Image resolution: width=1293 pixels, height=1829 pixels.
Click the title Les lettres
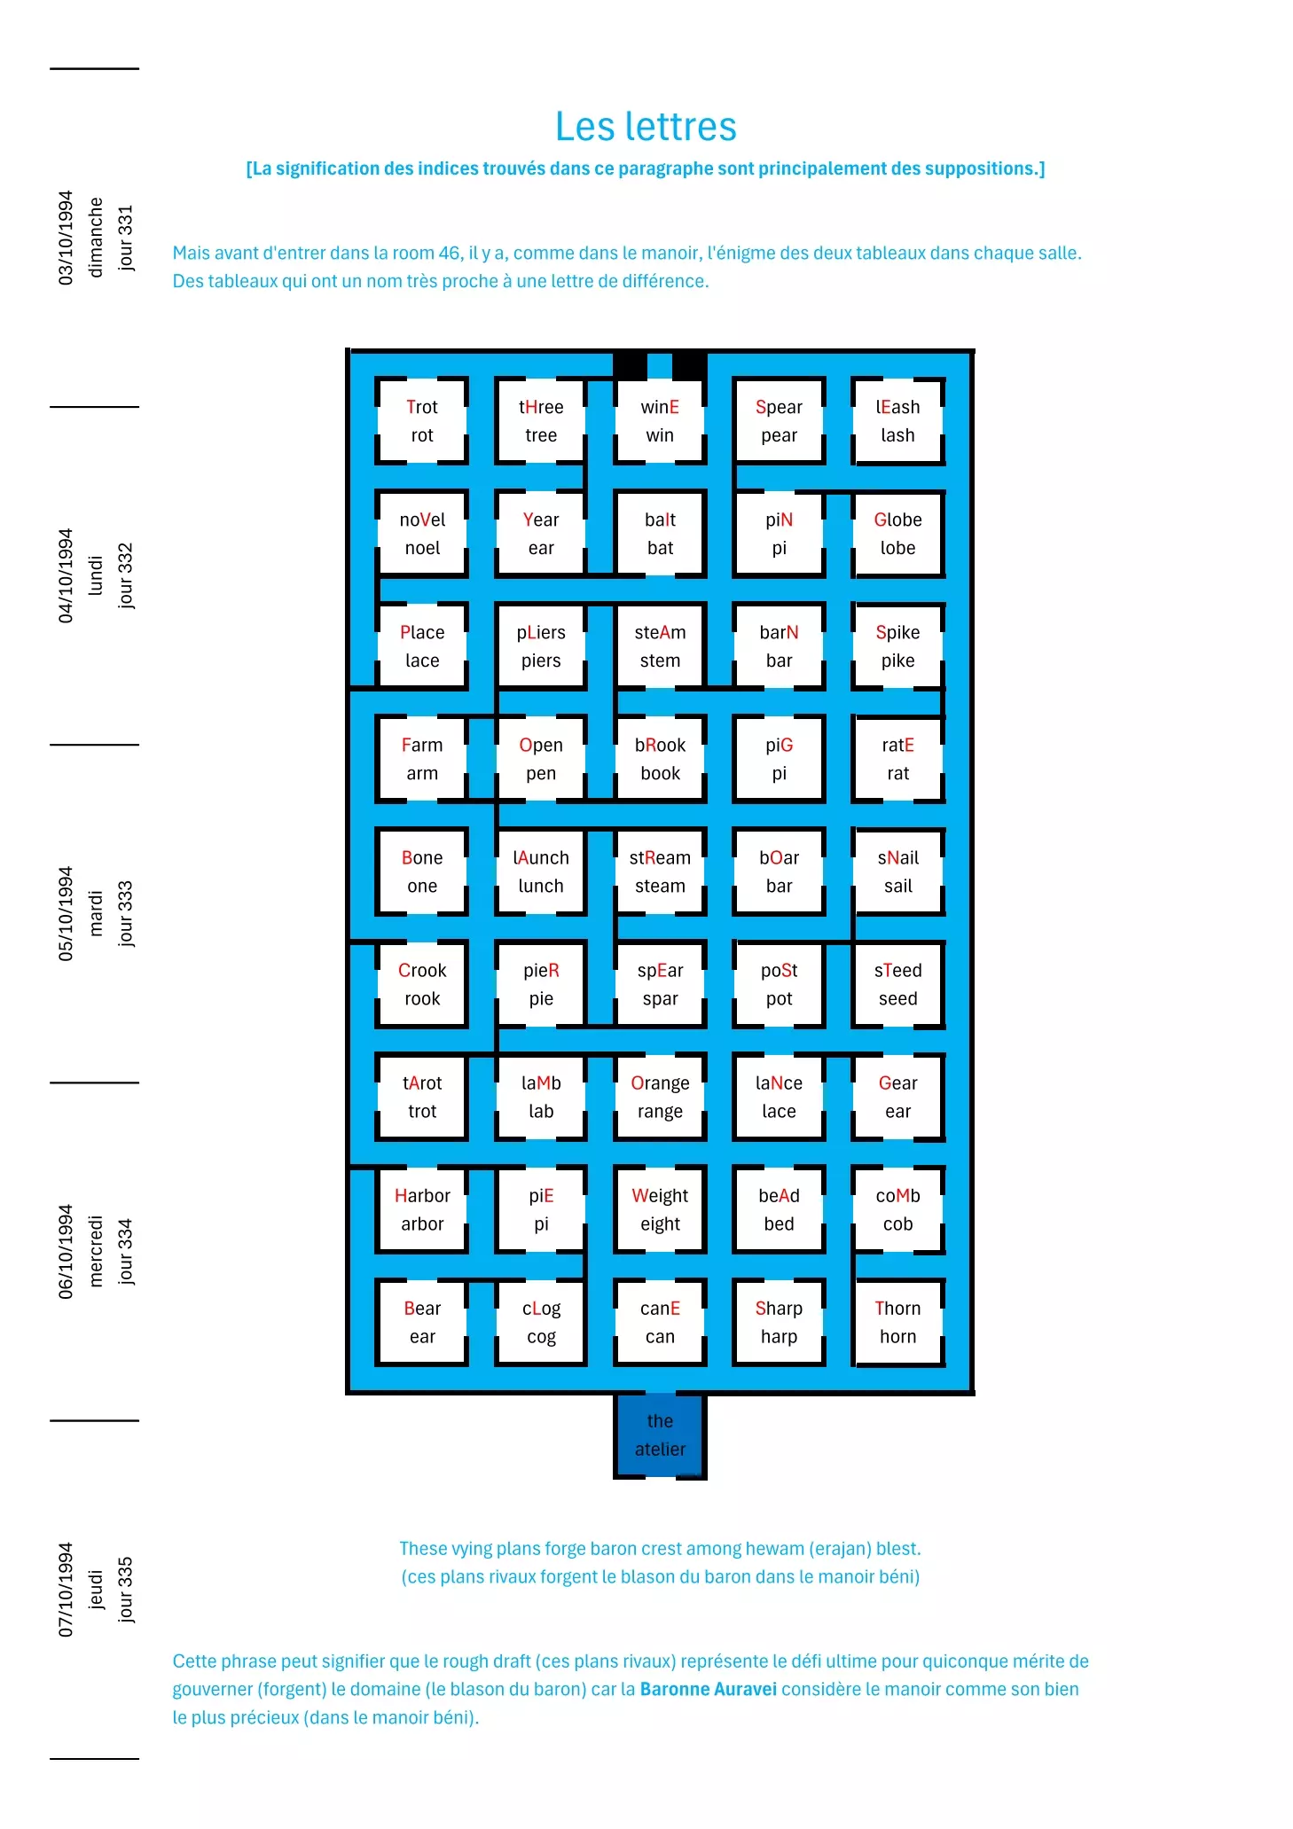tap(646, 127)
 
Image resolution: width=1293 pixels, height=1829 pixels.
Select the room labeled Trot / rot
tap(422, 421)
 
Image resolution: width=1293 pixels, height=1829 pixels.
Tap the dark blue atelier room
tap(660, 1434)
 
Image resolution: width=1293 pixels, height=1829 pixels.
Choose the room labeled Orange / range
tap(660, 1097)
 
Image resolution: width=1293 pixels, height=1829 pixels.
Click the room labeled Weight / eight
tap(660, 1209)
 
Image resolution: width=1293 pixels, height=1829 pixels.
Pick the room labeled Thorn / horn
tap(897, 1322)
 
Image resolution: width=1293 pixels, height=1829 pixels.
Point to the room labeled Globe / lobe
tap(897, 534)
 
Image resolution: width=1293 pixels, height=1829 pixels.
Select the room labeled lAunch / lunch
tap(541, 872)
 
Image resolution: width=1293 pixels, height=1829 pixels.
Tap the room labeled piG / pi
tap(779, 759)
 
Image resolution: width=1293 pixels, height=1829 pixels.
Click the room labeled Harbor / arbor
tap(422, 1209)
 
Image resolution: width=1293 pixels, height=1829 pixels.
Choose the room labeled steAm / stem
tap(660, 646)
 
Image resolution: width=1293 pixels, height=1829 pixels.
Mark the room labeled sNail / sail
tap(897, 872)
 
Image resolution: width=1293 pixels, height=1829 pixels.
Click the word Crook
tap(422, 971)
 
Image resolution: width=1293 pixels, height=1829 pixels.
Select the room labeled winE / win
tap(660, 421)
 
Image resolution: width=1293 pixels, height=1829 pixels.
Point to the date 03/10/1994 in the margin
tap(66, 238)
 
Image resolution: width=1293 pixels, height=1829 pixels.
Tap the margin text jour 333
tap(126, 913)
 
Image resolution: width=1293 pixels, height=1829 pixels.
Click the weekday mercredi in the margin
tap(96, 1251)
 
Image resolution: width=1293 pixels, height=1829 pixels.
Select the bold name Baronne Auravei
tap(708, 1689)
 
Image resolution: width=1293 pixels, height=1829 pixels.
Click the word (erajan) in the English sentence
tap(840, 1549)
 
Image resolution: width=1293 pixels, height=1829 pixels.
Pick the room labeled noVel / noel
tap(422, 534)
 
